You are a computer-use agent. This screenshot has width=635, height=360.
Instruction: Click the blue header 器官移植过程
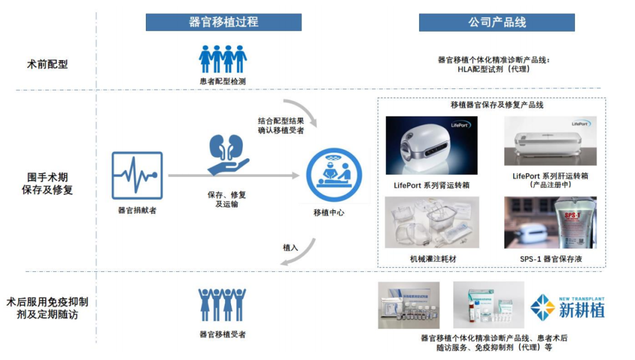click(223, 22)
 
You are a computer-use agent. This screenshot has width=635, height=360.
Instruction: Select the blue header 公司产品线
click(497, 22)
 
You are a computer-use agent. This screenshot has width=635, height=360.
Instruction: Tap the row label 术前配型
click(48, 64)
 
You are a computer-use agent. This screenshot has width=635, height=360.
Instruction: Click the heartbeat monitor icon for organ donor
click(137, 175)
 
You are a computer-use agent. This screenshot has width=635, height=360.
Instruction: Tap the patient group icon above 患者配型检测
click(223, 59)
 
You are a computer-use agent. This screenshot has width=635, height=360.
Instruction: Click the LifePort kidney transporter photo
click(432, 145)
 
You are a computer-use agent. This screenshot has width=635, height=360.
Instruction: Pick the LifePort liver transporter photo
click(550, 141)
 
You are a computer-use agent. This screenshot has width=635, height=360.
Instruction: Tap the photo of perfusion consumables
click(432, 222)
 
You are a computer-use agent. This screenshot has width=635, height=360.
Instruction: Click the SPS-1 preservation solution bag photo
click(550, 222)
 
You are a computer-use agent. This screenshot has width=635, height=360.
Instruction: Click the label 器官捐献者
click(137, 210)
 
